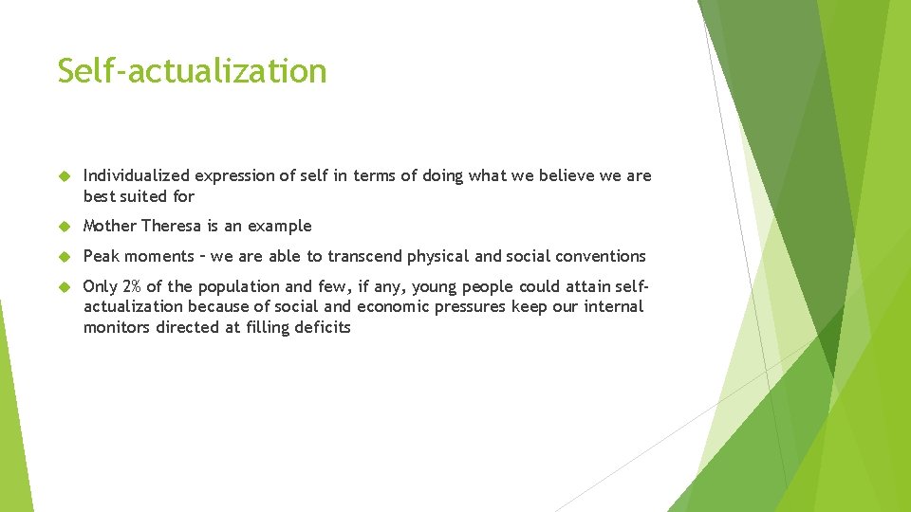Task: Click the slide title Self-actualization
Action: click(192, 71)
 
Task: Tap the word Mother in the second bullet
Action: click(109, 226)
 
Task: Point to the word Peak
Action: click(101, 256)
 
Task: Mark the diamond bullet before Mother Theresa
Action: click(64, 227)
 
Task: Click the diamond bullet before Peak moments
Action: click(64, 257)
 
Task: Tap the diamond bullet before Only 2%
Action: click(64, 287)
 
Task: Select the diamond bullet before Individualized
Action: click(64, 176)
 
